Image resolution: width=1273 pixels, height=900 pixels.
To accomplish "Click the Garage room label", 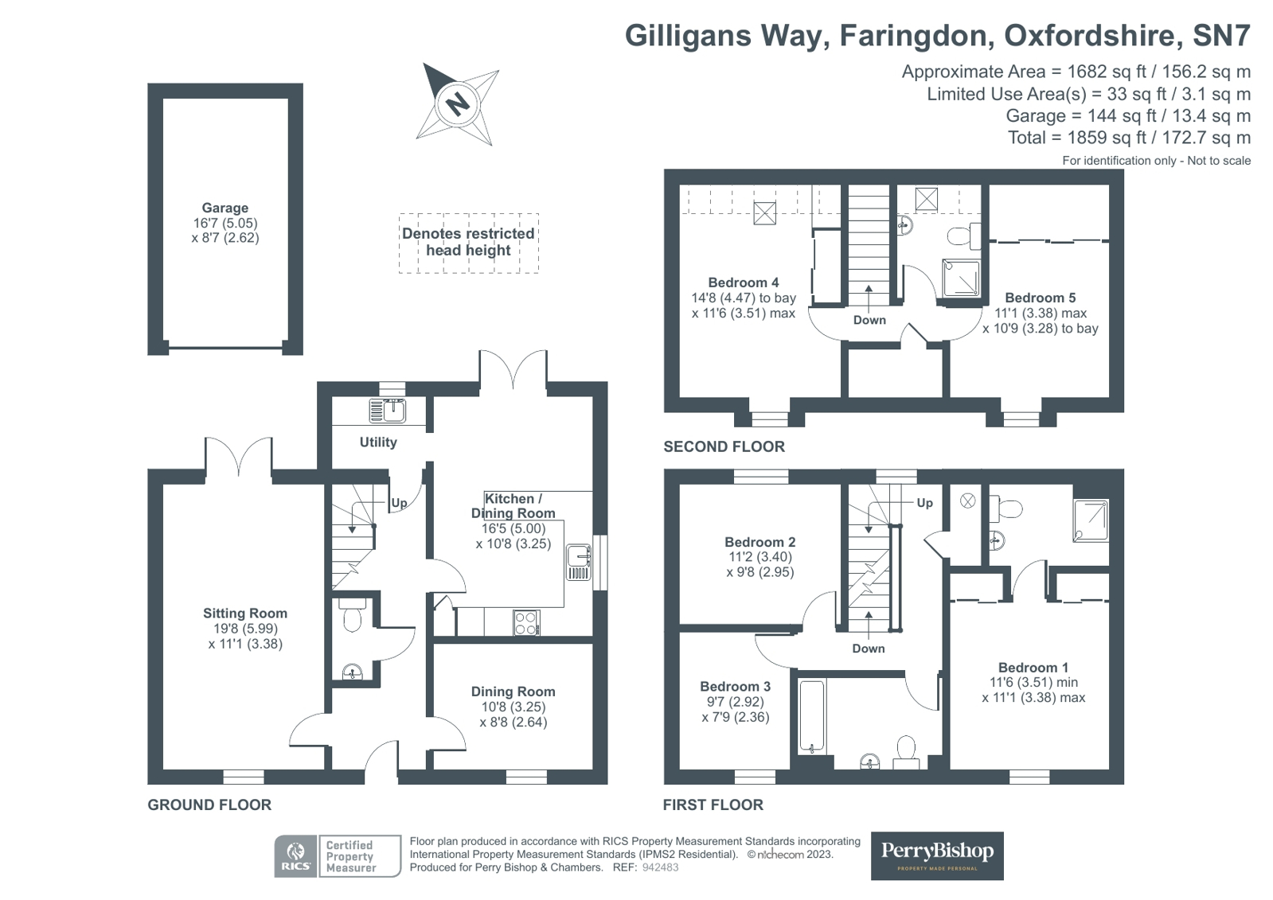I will pos(225,208).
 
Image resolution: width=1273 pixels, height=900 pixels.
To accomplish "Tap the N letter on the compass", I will pos(457,104).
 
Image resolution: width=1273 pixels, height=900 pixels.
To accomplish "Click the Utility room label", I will pos(377,442).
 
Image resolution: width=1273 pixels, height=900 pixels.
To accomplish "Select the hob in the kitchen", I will pos(526,622).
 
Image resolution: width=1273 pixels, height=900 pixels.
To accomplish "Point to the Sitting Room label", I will pos(244,614).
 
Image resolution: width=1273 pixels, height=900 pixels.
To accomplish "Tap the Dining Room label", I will pos(513,692).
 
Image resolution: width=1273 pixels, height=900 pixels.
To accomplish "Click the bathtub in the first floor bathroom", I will pos(812,715).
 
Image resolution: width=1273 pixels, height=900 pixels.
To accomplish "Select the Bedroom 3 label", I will pos(735,687).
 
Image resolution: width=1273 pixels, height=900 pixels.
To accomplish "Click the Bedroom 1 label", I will pos(1033,668).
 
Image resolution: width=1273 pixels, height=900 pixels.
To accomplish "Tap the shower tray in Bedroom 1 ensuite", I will pos(1090,520).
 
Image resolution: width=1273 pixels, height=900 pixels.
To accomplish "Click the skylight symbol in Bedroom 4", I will pos(764,213).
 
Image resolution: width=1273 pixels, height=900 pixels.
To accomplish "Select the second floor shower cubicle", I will pos(961,278).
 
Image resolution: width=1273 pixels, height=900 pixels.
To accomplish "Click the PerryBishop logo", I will pos(936,855).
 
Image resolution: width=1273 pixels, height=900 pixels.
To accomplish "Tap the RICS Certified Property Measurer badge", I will pos(338,856).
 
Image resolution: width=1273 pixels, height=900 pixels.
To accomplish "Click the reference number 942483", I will pos(660,867).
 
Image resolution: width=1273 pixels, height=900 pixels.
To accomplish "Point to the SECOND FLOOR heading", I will pos(724,446).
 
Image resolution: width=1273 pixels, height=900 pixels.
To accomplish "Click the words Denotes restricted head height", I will pos(468,242).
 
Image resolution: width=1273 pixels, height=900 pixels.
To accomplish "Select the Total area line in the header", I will pos(1129,138).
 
